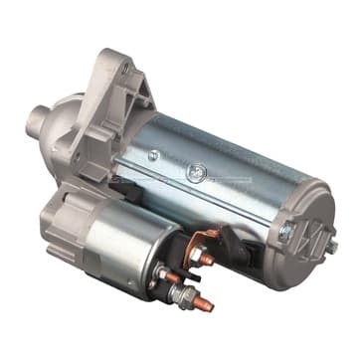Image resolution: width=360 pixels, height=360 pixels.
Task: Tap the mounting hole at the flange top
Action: [x=124, y=69]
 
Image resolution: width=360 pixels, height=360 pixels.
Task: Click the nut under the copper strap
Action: [x=208, y=260]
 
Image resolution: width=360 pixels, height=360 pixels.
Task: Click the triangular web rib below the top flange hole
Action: [x=121, y=99]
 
